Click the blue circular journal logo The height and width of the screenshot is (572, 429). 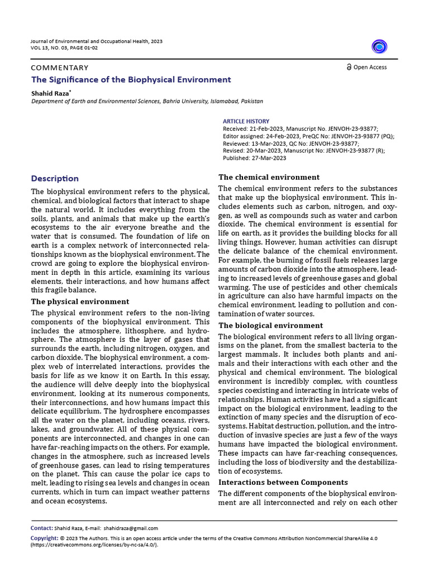380,47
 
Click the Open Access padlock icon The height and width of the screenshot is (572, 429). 349,68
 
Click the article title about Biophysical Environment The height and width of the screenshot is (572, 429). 131,79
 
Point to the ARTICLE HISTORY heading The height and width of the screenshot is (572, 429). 246,121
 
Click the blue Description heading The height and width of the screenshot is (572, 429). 55,179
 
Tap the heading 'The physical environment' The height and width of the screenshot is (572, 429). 80,301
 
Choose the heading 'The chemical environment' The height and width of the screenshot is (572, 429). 269,177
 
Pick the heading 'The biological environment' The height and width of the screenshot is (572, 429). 270,325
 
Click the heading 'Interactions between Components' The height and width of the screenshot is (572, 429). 283,482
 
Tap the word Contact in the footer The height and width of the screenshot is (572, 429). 41,528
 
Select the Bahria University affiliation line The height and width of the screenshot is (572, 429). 147,101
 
